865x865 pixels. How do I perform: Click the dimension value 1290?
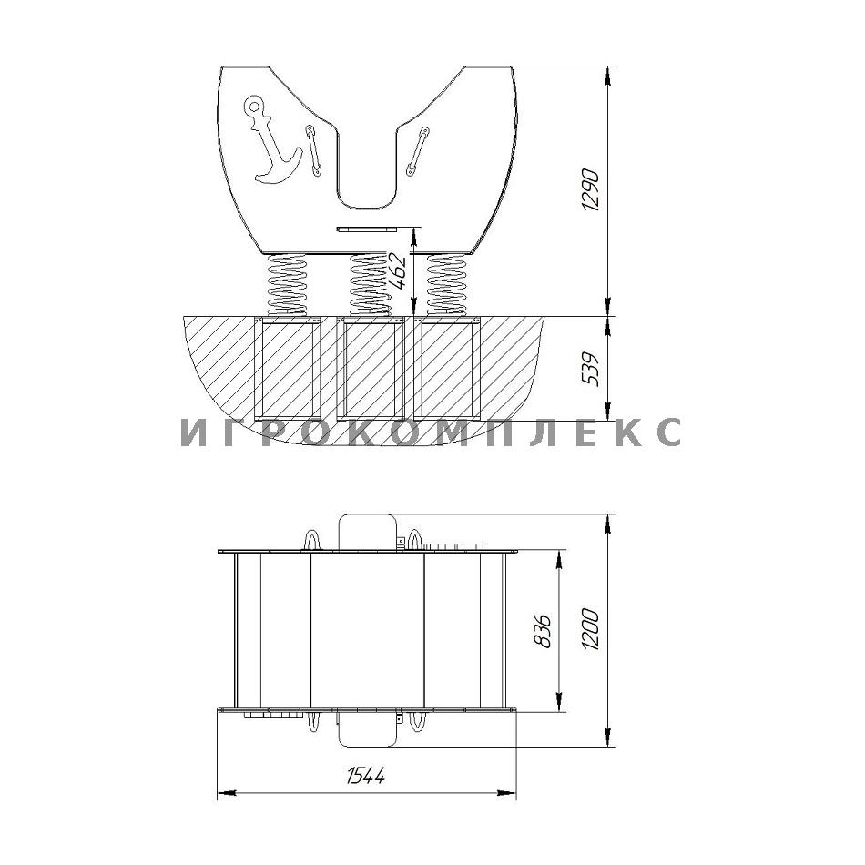coord(590,189)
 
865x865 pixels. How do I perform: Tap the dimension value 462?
coord(397,270)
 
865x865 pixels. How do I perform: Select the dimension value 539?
coord(590,369)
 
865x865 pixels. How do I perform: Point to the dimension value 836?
coord(543,630)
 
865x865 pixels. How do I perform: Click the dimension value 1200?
coord(590,629)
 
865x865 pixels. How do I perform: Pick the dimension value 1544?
coord(366,775)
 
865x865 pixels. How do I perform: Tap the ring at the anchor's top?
coord(254,105)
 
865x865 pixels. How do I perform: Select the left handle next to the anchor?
coord(312,150)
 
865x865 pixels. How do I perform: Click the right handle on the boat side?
coord(417,152)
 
